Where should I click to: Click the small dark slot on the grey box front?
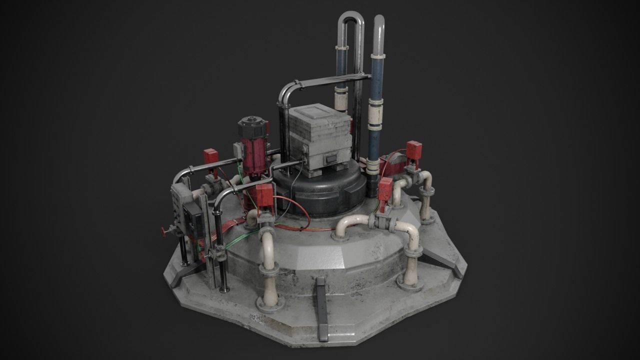click(x=330, y=159)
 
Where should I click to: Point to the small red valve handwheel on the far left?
click(x=163, y=231)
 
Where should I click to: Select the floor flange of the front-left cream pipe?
click(x=270, y=303)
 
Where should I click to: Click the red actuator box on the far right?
click(x=413, y=149)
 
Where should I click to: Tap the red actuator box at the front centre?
click(x=263, y=196)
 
